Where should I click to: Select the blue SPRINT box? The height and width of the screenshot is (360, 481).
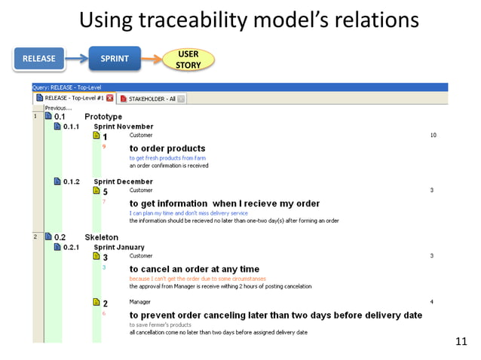click(114, 58)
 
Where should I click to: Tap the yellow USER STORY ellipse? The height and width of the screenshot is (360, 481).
click(188, 59)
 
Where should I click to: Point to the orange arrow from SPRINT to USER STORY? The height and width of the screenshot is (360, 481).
click(151, 58)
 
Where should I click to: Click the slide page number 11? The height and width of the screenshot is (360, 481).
click(461, 343)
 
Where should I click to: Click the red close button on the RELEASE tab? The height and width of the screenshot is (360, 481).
click(110, 98)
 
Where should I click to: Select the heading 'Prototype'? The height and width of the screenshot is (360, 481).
click(103, 117)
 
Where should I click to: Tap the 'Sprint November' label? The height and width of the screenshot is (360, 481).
click(123, 127)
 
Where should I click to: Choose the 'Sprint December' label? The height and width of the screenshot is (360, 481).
click(123, 182)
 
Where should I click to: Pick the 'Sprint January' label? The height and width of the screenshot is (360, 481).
click(119, 247)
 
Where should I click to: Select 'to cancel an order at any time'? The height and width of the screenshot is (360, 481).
click(194, 269)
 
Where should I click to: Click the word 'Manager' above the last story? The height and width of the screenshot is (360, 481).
click(140, 302)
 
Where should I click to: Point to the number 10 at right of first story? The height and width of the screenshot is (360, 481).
click(433, 136)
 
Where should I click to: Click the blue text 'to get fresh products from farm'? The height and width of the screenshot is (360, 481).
click(167, 158)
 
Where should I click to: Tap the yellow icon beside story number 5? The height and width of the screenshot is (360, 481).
click(96, 191)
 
